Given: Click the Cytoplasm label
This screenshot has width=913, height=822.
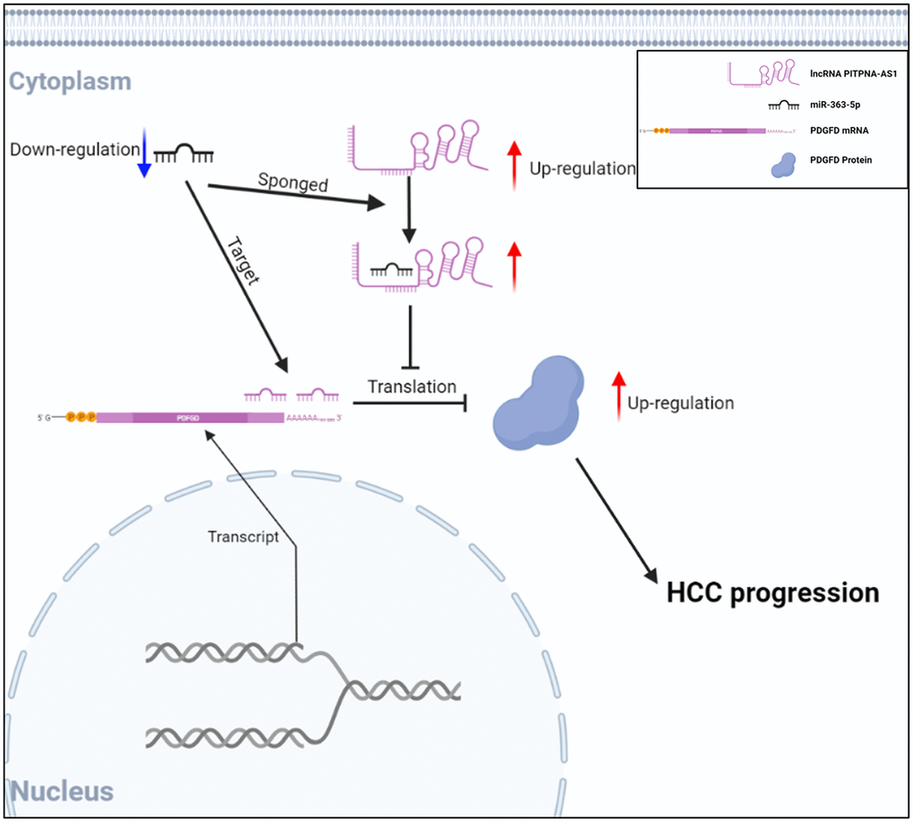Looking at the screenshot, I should [70, 81].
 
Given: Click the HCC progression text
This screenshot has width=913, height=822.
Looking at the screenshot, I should [772, 592].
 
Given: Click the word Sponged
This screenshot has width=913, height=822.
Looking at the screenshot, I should [293, 184].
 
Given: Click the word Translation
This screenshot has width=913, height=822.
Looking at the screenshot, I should [412, 386].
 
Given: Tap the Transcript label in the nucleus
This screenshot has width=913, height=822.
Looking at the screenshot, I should [243, 537].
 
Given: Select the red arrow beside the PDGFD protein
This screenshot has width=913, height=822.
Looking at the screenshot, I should [617, 395].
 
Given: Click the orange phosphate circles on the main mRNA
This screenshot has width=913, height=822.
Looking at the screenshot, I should [81, 417].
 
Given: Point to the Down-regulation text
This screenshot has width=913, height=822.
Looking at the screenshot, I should [73, 148].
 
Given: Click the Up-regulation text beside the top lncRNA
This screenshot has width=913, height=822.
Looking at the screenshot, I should [582, 167].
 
